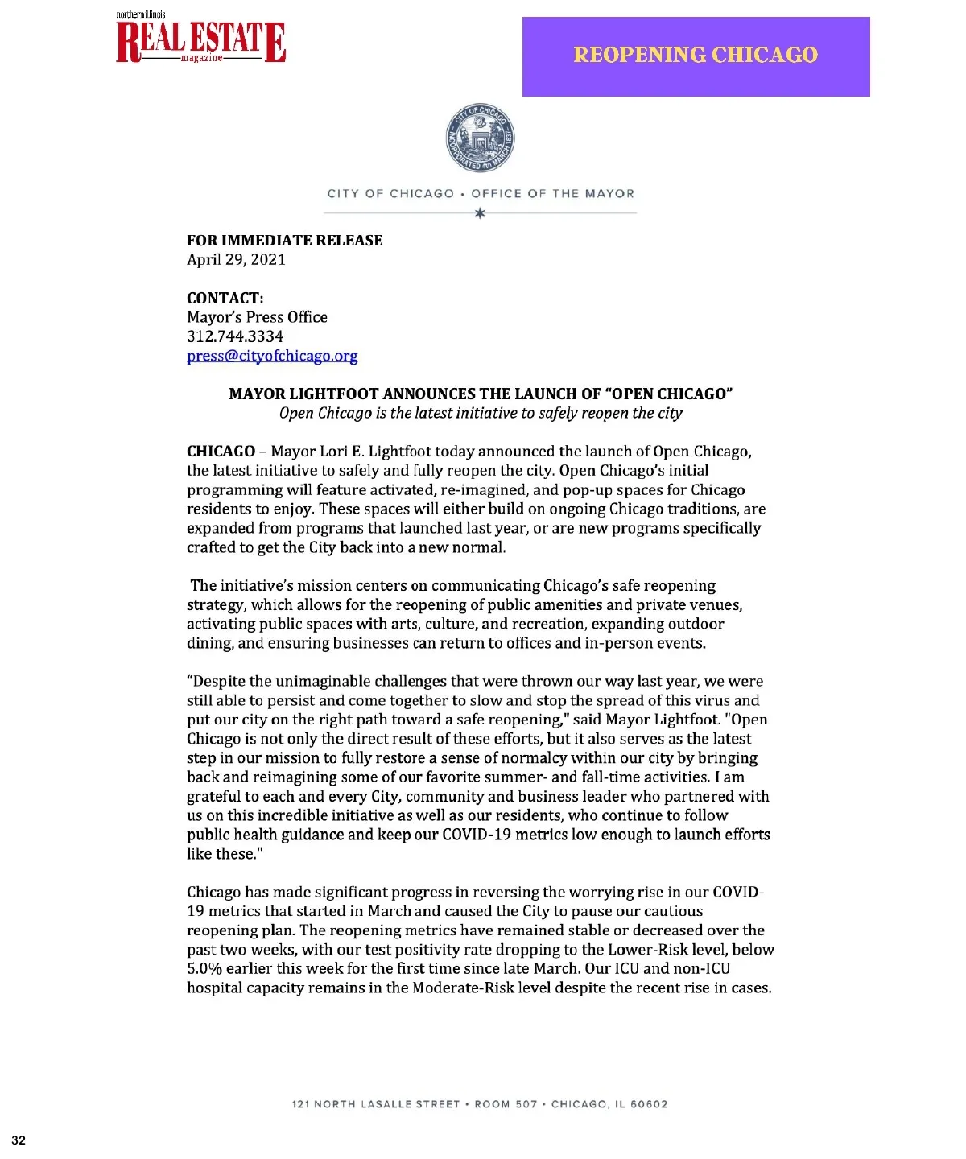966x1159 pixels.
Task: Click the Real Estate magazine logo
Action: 200,41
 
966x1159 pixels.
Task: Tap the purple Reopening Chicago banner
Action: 696,56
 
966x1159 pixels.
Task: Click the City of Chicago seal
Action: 480,139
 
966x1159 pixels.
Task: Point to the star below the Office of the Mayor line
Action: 480,213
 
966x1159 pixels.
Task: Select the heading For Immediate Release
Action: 284,240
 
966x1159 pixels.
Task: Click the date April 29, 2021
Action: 236,259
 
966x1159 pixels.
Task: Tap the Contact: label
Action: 225,298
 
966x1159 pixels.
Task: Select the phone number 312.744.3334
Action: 235,336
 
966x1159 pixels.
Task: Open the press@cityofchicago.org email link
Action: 272,356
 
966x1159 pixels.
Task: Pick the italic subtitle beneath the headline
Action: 481,413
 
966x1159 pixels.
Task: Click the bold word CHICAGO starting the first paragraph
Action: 221,452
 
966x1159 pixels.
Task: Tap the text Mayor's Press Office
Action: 257,317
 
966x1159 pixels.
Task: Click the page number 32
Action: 19,1140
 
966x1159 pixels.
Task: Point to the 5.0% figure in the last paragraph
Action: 204,968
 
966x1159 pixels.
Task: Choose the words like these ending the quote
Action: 222,854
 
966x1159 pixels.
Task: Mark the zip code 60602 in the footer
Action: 649,1104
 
